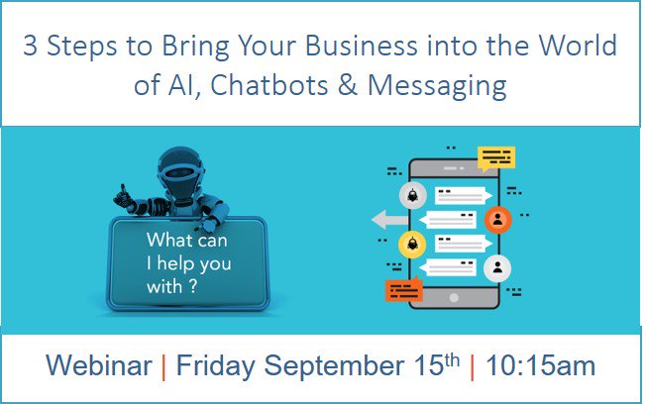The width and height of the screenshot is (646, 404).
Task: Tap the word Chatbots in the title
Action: [269, 85]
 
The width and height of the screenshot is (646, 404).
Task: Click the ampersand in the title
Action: [348, 85]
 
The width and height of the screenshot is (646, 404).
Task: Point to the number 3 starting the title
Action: [30, 46]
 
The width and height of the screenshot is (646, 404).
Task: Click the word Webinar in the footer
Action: [99, 364]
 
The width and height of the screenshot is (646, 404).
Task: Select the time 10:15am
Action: [541, 364]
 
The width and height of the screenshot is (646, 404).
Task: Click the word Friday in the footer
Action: [215, 366]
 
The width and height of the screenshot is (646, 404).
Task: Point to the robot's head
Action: [180, 169]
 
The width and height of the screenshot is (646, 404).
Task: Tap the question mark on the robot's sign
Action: [193, 286]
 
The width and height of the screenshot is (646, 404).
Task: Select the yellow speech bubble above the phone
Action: [496, 158]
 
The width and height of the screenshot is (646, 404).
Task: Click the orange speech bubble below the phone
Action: [404, 289]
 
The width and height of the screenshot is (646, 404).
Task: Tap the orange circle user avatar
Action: [497, 220]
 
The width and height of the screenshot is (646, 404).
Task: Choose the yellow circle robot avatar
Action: [412, 245]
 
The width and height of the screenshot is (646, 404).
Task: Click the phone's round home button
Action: [454, 297]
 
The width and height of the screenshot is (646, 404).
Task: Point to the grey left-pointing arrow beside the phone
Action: [389, 220]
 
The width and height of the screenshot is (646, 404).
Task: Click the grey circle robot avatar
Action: [413, 195]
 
